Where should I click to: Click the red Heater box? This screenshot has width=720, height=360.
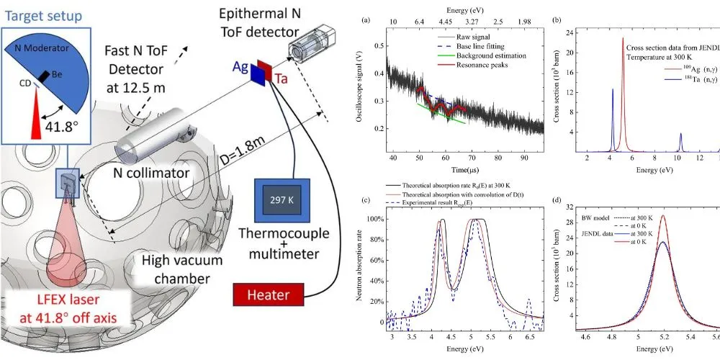pyautogui.click(x=268, y=295)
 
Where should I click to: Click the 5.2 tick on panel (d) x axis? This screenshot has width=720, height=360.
pyautogui.click(x=662, y=336)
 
